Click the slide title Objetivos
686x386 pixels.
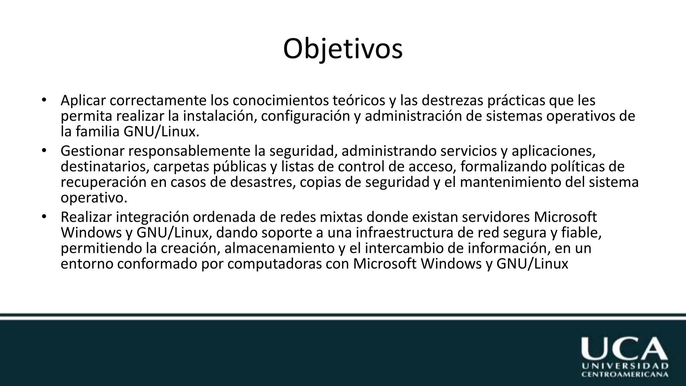[343, 49]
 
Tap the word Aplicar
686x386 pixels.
[83, 100]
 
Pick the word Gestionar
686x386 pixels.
[92, 151]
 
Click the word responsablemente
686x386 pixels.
[189, 151]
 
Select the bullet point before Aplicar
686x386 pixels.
[44, 100]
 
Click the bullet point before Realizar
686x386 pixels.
[44, 217]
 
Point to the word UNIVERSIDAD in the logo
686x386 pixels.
[625, 366]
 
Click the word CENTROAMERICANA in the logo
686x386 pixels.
[625, 374]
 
